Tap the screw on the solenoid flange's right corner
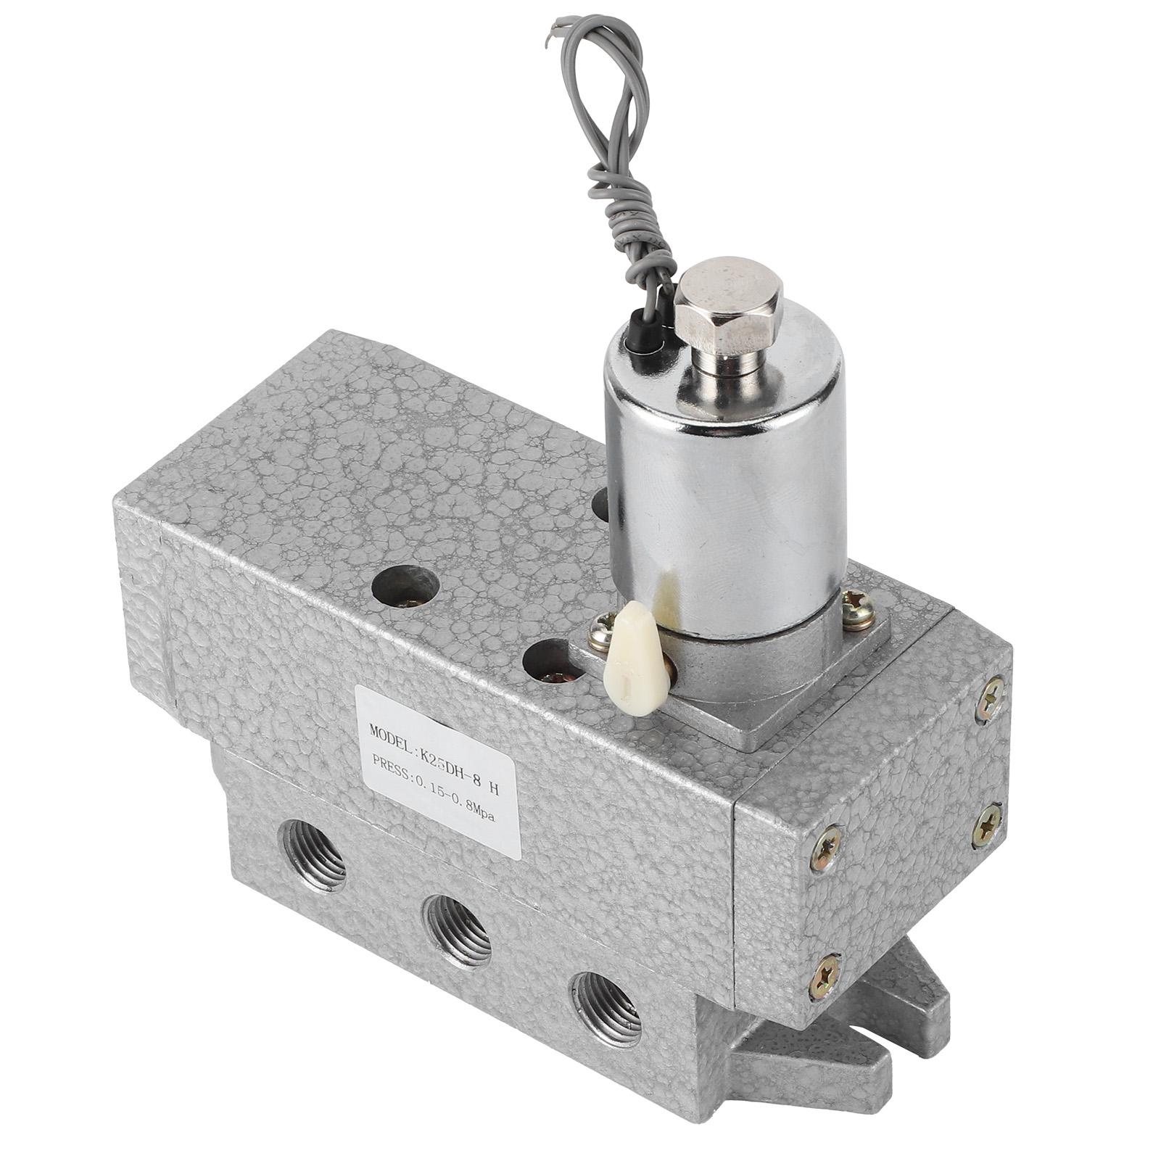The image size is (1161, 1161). click(857, 601)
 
